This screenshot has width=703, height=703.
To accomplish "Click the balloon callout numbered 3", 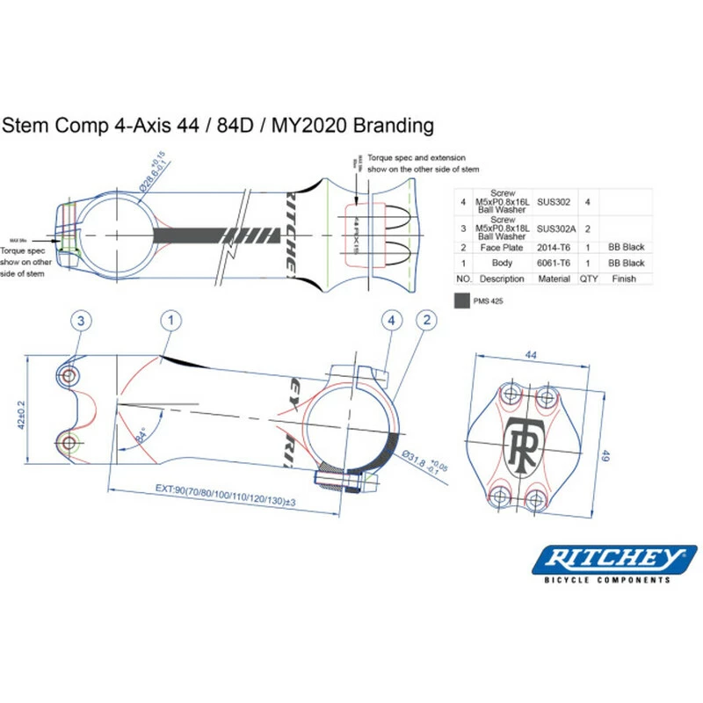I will click(80, 321).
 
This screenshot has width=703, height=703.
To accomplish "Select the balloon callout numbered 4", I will click(392, 321).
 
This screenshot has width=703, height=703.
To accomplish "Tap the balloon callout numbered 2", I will click(427, 321).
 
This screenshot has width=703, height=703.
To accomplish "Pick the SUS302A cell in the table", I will click(554, 228).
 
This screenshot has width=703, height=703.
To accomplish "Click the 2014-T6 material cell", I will click(554, 248).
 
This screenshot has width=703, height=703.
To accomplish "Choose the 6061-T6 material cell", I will click(554, 263).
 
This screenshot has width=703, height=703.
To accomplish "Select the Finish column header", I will click(624, 279).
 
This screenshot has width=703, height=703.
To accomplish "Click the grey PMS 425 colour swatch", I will click(462, 301).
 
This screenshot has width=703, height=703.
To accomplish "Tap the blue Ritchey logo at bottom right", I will click(615, 559).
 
